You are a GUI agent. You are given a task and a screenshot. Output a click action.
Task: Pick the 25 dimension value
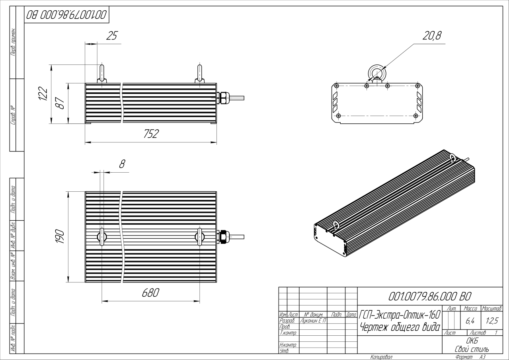tap(113, 36)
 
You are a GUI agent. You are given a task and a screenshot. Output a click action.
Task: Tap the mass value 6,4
tap(470, 320)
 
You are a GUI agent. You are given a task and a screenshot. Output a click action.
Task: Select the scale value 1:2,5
tap(491, 320)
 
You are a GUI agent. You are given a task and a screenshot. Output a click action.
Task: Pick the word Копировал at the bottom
tap(381, 357)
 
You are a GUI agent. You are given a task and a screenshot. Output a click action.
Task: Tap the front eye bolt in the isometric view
tap(335, 226)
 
